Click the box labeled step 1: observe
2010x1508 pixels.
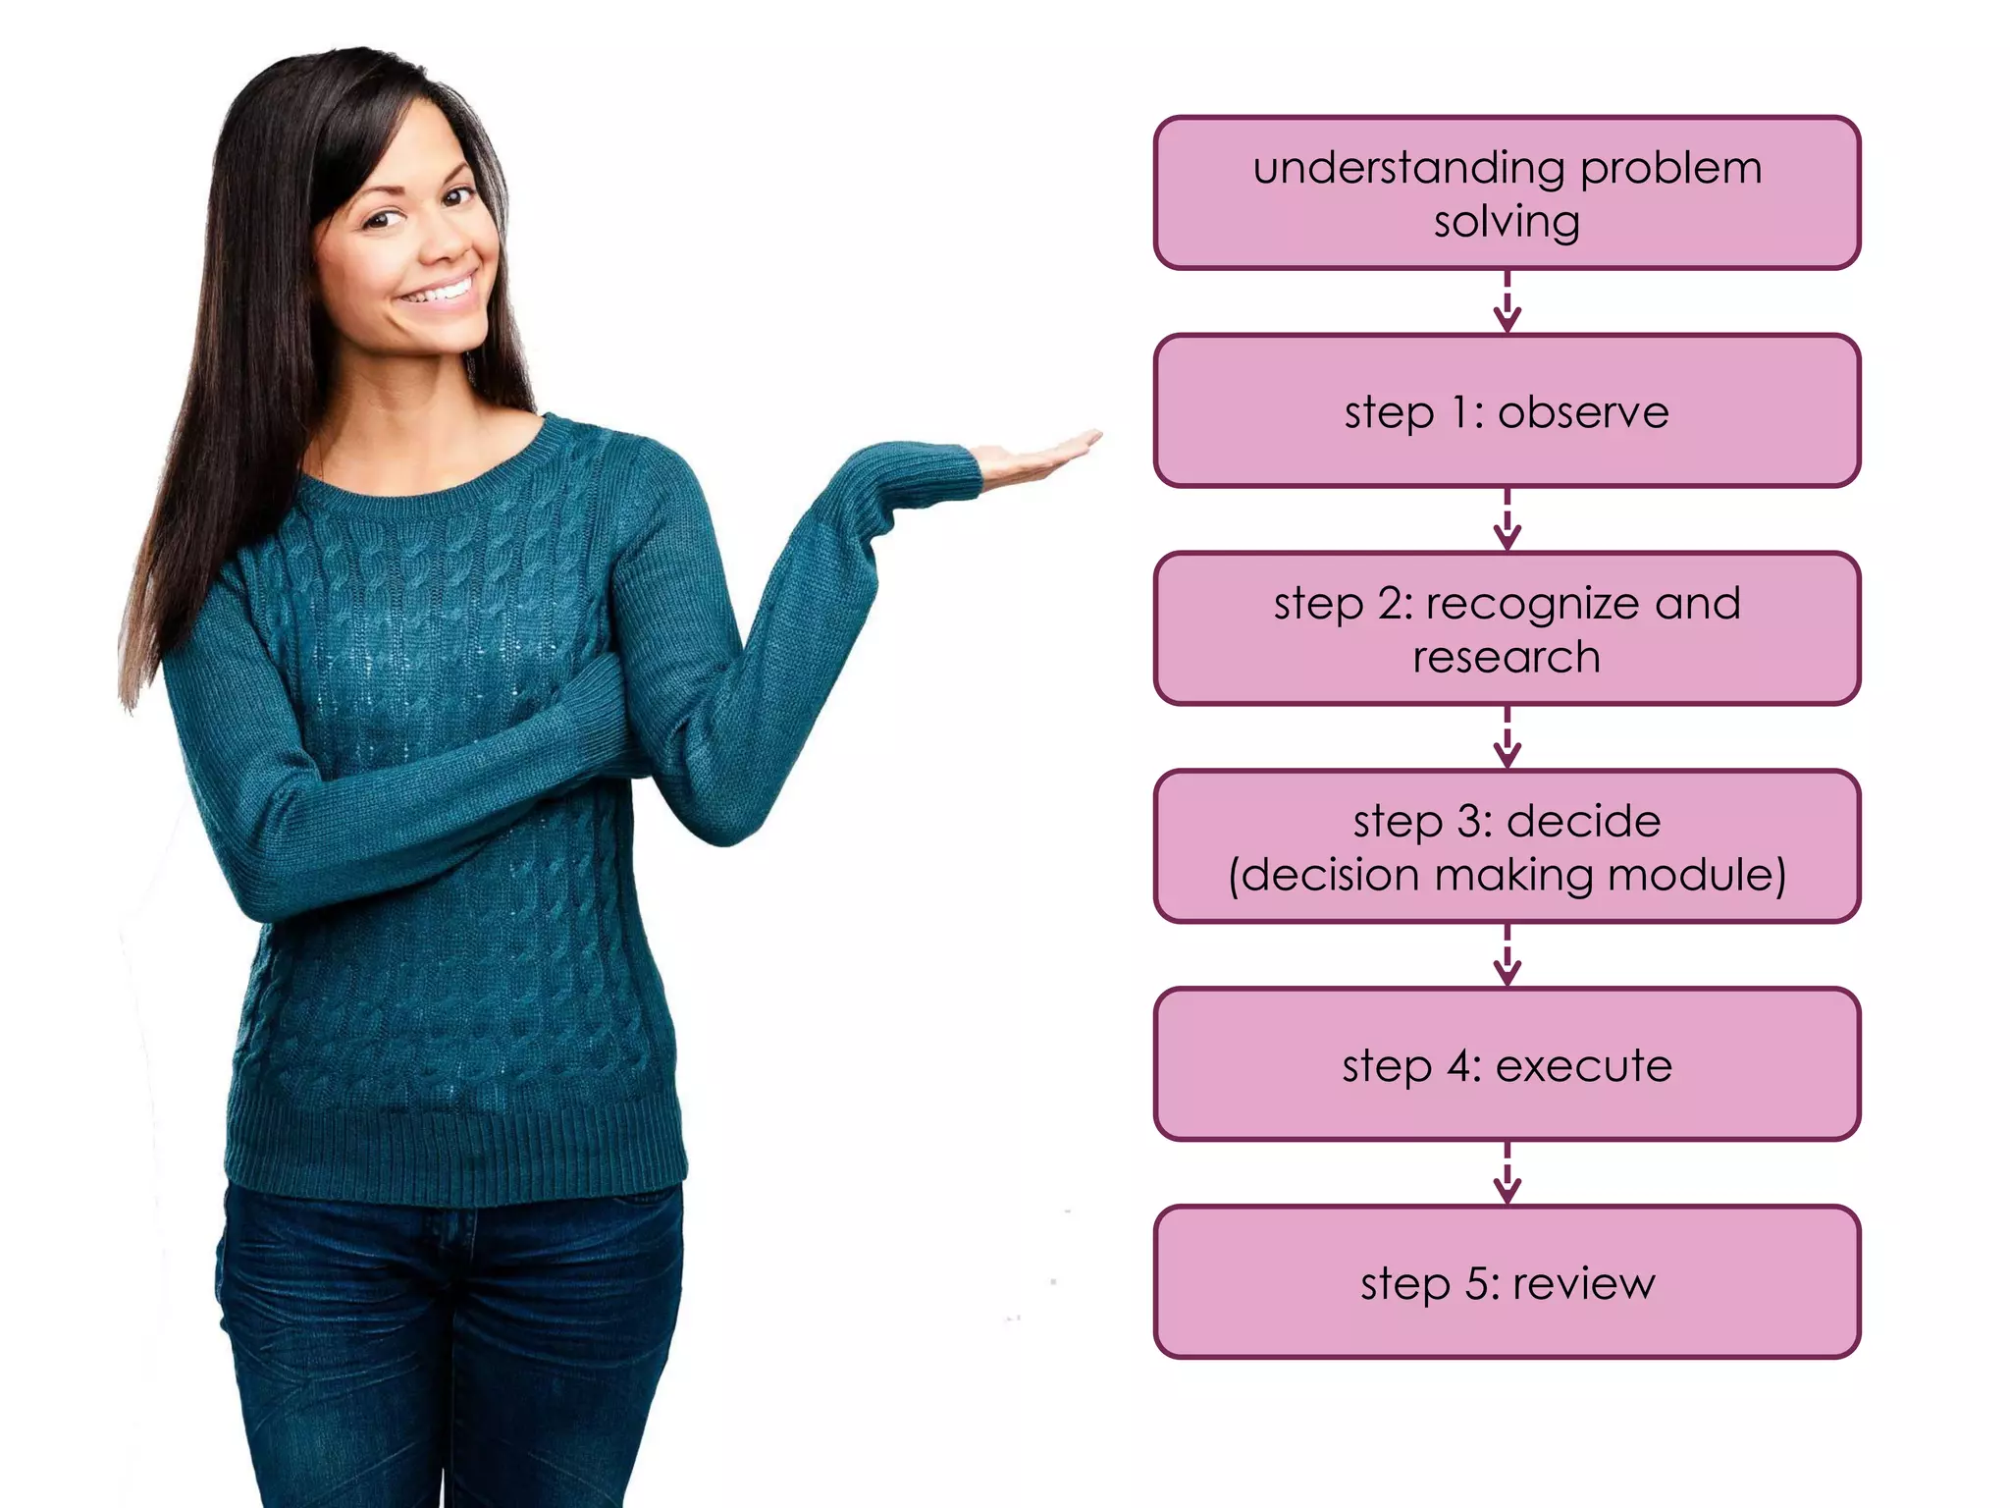tap(1507, 410)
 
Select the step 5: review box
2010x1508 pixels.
tap(1507, 1282)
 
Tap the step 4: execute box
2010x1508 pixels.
tap(1507, 1064)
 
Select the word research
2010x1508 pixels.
tap(1507, 657)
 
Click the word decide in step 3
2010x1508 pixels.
tap(1583, 821)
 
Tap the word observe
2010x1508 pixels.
tap(1583, 412)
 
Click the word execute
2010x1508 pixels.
tap(1583, 1066)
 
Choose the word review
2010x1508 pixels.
tap(1583, 1284)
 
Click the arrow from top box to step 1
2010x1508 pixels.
tap(1507, 302)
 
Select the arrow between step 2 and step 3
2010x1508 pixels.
tap(1507, 737)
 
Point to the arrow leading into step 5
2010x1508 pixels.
tap(1507, 1173)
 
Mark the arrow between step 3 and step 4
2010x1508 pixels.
tap(1507, 955)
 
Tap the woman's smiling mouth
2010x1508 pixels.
tap(441, 291)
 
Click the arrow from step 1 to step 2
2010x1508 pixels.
tap(1507, 520)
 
